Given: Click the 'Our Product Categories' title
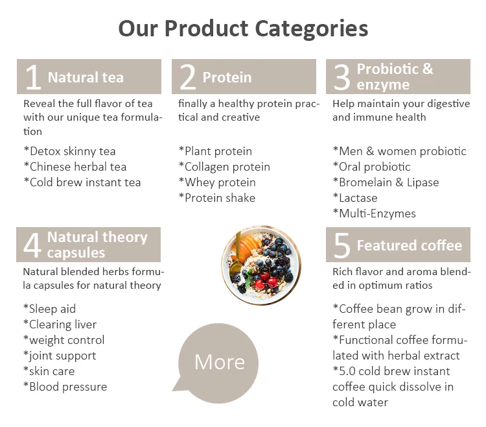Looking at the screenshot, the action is tap(243, 29).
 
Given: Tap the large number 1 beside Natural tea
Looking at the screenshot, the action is tap(33, 77).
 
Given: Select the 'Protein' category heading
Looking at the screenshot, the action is tap(227, 77).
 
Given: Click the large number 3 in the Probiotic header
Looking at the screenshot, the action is tap(342, 77).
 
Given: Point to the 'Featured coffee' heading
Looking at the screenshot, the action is tap(410, 245).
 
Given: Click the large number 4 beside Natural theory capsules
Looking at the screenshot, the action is tap(32, 245).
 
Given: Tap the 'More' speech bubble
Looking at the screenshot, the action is tap(218, 363).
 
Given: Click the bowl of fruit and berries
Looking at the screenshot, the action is tap(261, 265).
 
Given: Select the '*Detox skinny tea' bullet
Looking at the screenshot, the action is tap(70, 151).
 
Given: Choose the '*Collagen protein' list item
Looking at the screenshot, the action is tap(224, 167).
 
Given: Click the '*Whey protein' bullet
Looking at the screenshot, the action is tap(217, 182).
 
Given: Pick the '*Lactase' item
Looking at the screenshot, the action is tap(355, 198).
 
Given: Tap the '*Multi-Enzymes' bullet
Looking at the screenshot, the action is tap(375, 213).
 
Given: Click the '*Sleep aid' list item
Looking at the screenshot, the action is tap(50, 309).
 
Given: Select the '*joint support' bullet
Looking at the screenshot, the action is tap(60, 356).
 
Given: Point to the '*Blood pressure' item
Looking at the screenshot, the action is tap(65, 387).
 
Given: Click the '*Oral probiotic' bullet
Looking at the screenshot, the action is tap(372, 167).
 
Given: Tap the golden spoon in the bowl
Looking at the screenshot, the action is tap(237, 254).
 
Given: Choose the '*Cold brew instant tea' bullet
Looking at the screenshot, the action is tap(82, 182).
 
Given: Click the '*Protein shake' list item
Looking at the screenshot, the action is tap(217, 198).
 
